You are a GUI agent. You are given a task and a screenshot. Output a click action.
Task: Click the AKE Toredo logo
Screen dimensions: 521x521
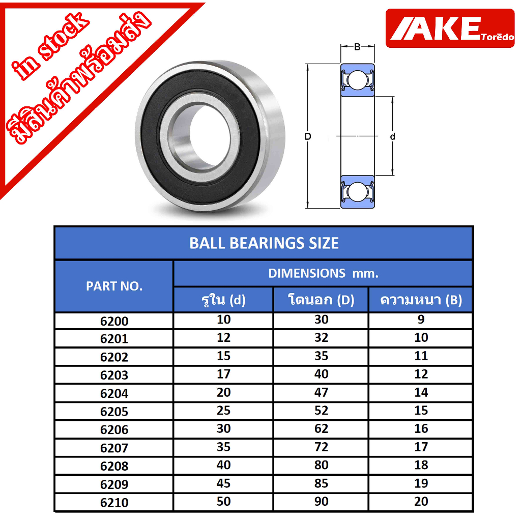click(x=450, y=28)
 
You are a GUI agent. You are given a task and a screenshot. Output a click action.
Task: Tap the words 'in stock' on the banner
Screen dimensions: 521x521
click(x=50, y=47)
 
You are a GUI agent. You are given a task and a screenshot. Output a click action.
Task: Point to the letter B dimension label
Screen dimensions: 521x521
click(x=358, y=47)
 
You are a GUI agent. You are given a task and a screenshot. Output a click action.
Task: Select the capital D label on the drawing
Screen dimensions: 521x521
click(x=308, y=136)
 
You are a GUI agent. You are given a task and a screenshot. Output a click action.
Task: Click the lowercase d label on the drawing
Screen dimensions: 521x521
click(x=392, y=136)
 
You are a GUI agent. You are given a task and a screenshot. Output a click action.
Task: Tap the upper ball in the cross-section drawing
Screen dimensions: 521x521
click(x=358, y=80)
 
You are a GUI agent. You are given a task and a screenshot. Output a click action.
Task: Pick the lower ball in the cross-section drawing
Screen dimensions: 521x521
click(x=358, y=192)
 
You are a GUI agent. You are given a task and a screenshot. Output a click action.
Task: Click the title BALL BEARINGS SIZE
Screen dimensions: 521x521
click(x=264, y=243)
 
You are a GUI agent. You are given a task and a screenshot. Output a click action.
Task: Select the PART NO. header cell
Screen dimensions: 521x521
click(x=114, y=286)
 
